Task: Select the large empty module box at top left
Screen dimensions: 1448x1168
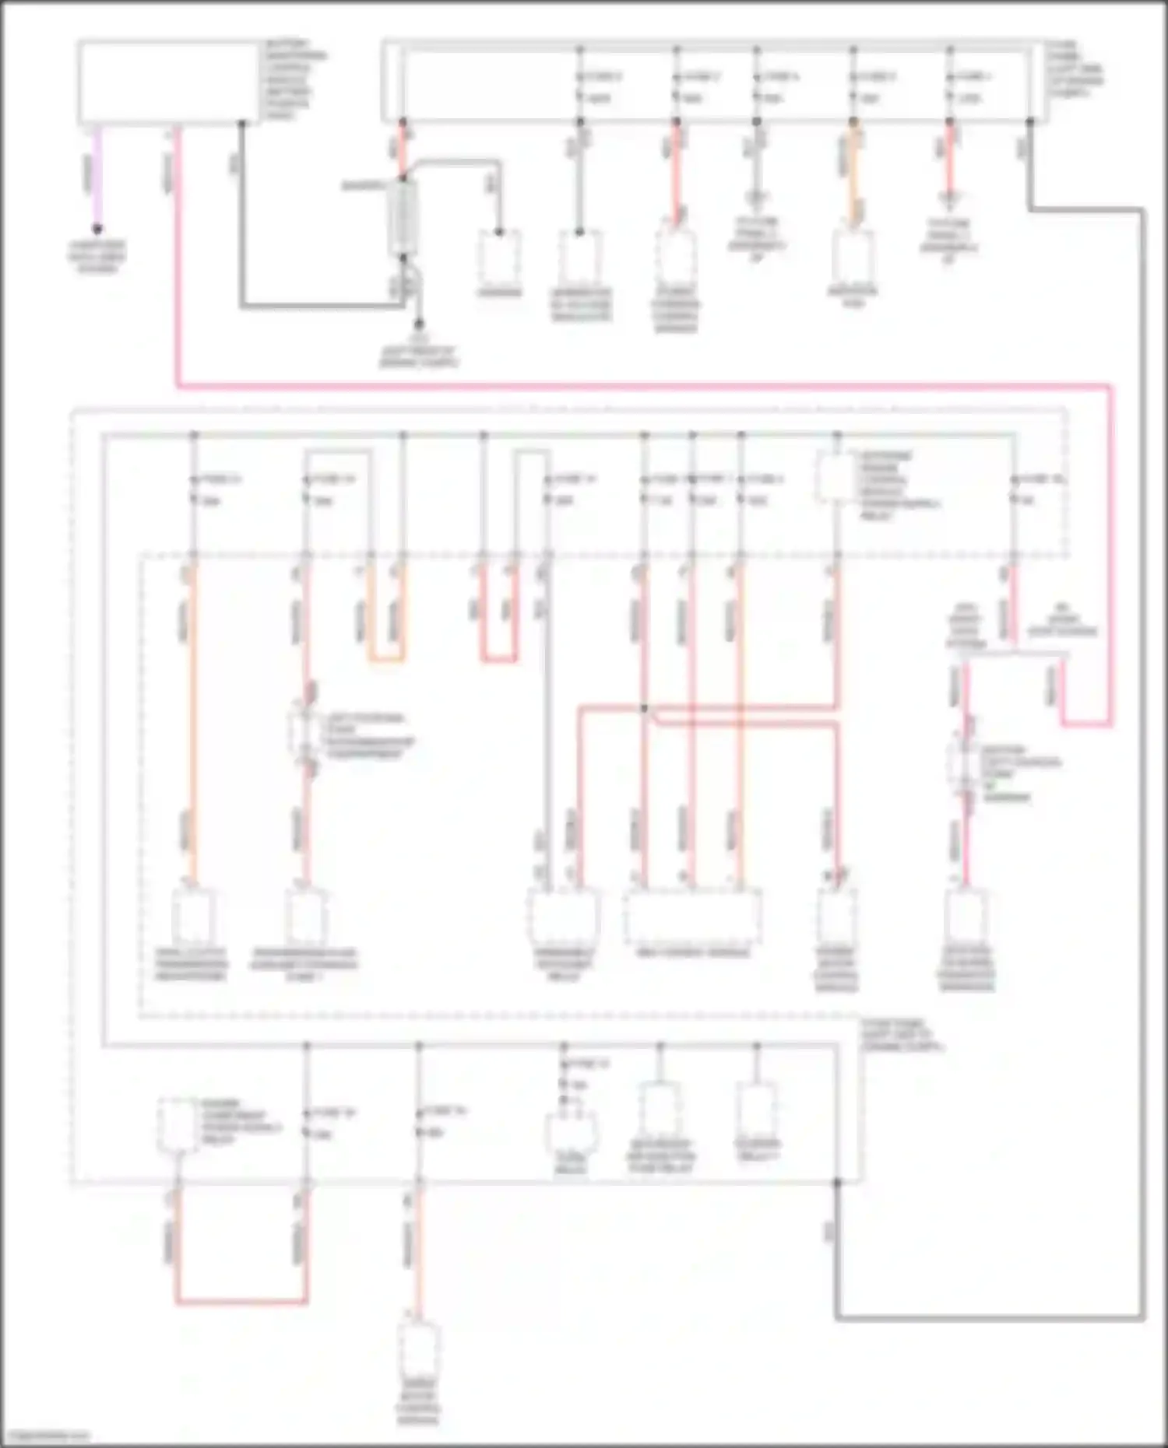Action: click(x=167, y=82)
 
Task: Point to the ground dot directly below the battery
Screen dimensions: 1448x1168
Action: click(x=419, y=323)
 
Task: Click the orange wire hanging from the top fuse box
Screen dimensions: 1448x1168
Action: click(x=853, y=179)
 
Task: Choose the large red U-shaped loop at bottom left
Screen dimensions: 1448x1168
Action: click(x=241, y=1299)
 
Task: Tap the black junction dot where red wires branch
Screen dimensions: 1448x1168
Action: click(x=644, y=709)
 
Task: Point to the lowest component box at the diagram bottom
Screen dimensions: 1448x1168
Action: click(x=418, y=1354)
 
